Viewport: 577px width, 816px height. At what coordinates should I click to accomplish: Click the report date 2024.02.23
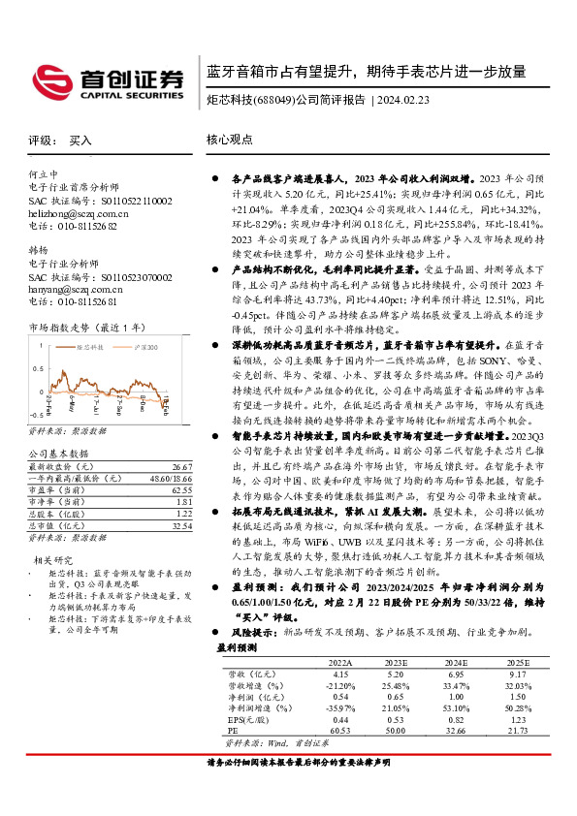pyautogui.click(x=411, y=99)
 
